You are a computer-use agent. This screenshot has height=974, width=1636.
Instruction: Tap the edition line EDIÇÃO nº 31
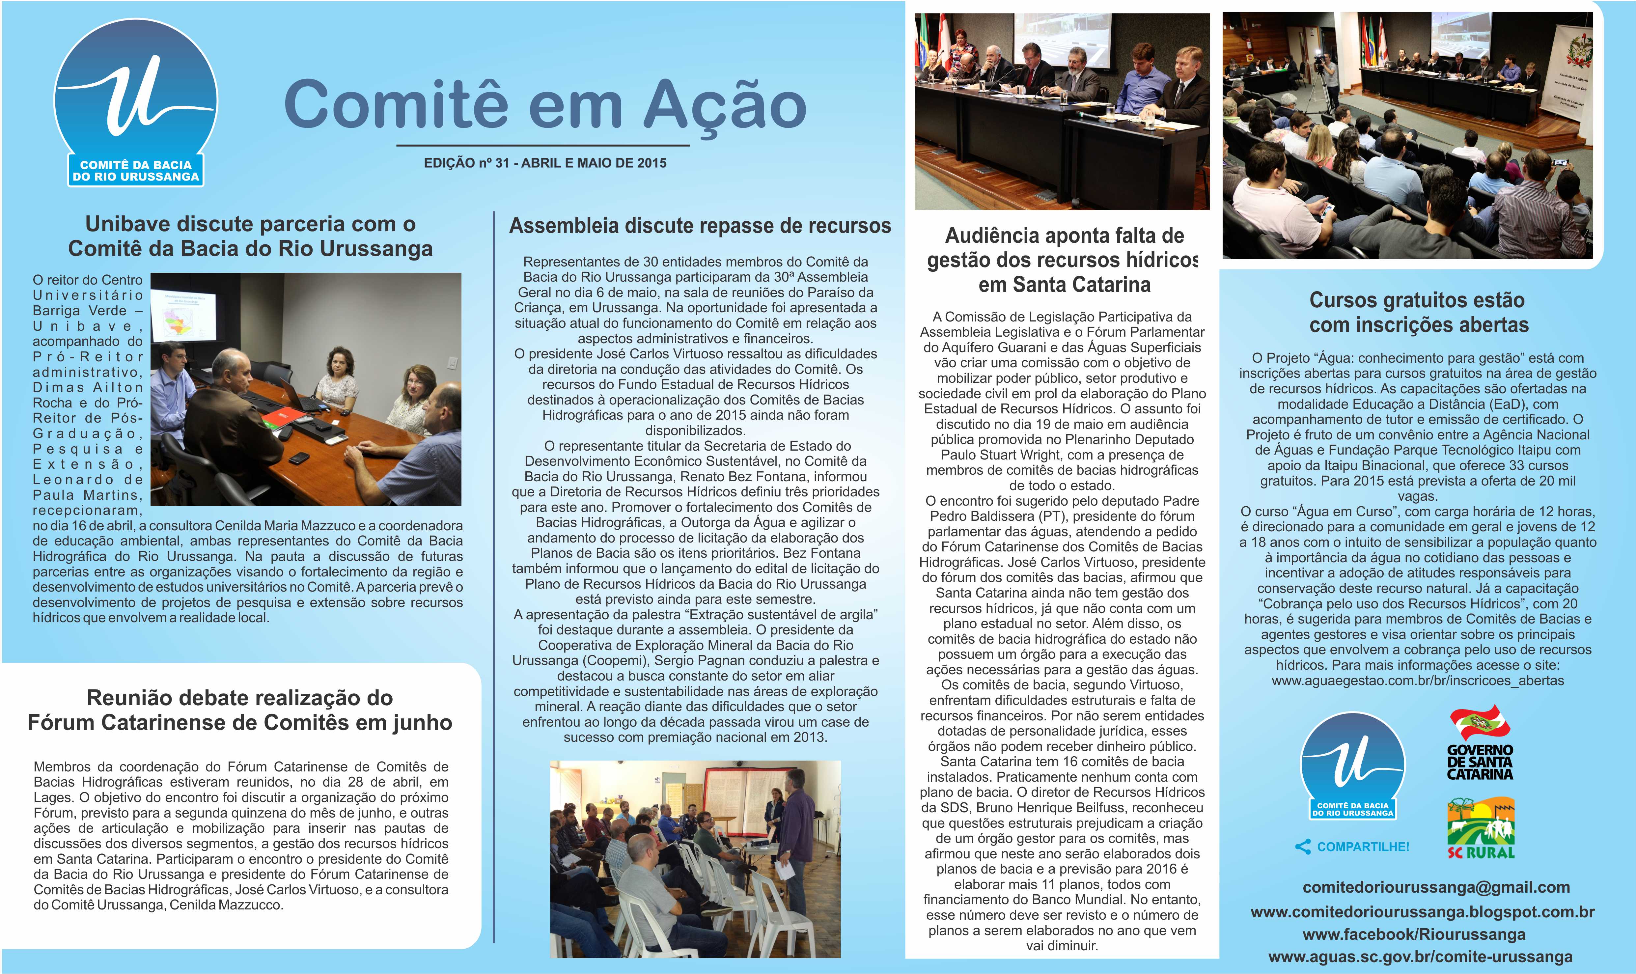[545, 163]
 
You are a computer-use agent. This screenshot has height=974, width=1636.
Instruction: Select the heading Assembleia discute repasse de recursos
[700, 226]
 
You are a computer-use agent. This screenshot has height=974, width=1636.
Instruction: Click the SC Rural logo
[1481, 828]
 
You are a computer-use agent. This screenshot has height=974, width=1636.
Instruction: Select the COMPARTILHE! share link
[1353, 847]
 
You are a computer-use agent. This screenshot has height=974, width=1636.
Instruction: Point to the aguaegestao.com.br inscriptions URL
[1418, 681]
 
